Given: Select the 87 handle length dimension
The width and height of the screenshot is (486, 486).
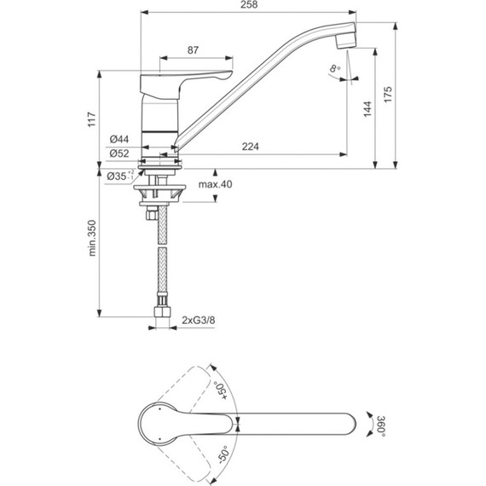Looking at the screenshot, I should [194, 50].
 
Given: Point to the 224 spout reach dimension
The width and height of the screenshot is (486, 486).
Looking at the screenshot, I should [250, 146].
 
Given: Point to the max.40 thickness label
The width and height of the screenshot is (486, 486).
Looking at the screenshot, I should [215, 185].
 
